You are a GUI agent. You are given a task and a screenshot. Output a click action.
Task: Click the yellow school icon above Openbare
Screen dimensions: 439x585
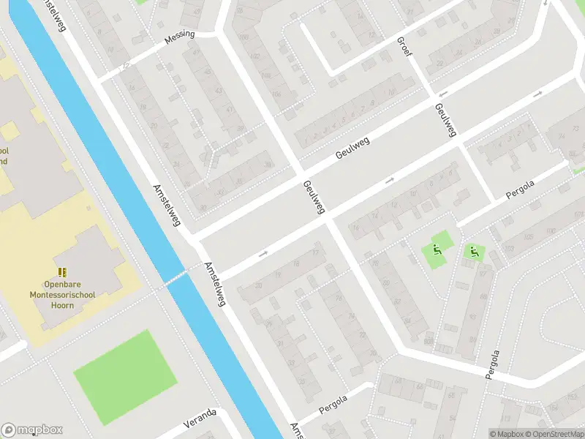pyautogui.click(x=62, y=271)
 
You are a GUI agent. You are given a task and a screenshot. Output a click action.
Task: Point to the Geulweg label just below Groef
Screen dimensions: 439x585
pyautogui.click(x=445, y=119)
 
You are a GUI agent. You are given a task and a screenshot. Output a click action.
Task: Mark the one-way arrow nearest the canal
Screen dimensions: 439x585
pyautogui.click(x=263, y=254)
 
